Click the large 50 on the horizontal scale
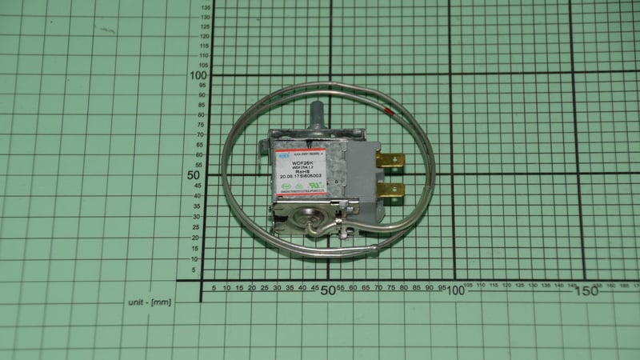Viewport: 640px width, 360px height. [x=326, y=290]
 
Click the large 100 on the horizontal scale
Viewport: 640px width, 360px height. [x=455, y=290]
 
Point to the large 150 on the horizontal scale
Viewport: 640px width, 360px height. [x=586, y=290]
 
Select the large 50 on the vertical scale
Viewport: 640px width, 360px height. [x=193, y=174]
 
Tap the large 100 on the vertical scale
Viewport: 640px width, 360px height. [x=196, y=74]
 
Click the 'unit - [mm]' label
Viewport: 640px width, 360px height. [x=149, y=302]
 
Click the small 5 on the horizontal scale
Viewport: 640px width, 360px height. [x=213, y=287]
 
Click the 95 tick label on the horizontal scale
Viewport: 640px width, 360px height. [x=441, y=287]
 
